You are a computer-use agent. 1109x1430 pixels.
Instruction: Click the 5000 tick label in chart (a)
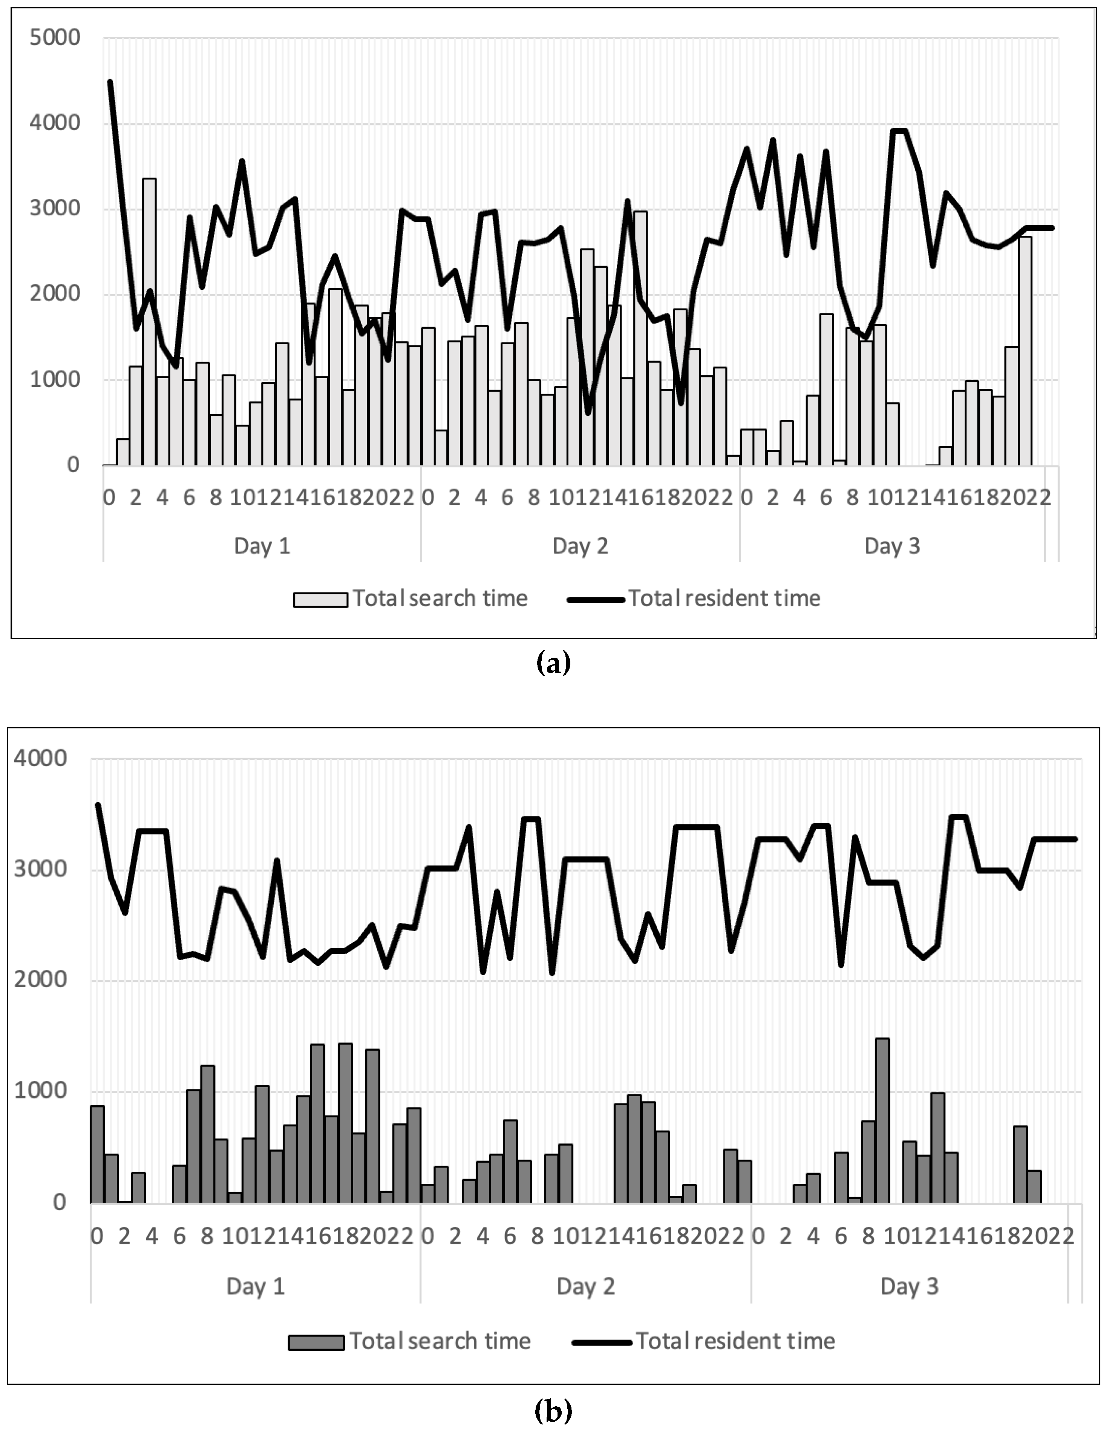tap(55, 37)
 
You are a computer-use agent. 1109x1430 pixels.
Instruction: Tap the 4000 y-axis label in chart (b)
tap(41, 758)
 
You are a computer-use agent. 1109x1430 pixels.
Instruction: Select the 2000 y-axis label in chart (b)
tap(41, 979)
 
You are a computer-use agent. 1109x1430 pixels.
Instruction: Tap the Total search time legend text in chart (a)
tap(440, 598)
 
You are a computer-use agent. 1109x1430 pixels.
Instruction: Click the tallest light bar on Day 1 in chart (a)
tap(149, 321)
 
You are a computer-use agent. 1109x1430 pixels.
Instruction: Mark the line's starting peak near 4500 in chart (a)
tap(110, 82)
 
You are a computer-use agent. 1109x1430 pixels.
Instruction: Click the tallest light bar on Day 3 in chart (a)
tap(1025, 350)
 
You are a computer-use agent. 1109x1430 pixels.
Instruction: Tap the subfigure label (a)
tap(553, 663)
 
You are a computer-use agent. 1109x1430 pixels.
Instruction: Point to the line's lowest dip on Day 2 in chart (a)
tap(588, 413)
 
